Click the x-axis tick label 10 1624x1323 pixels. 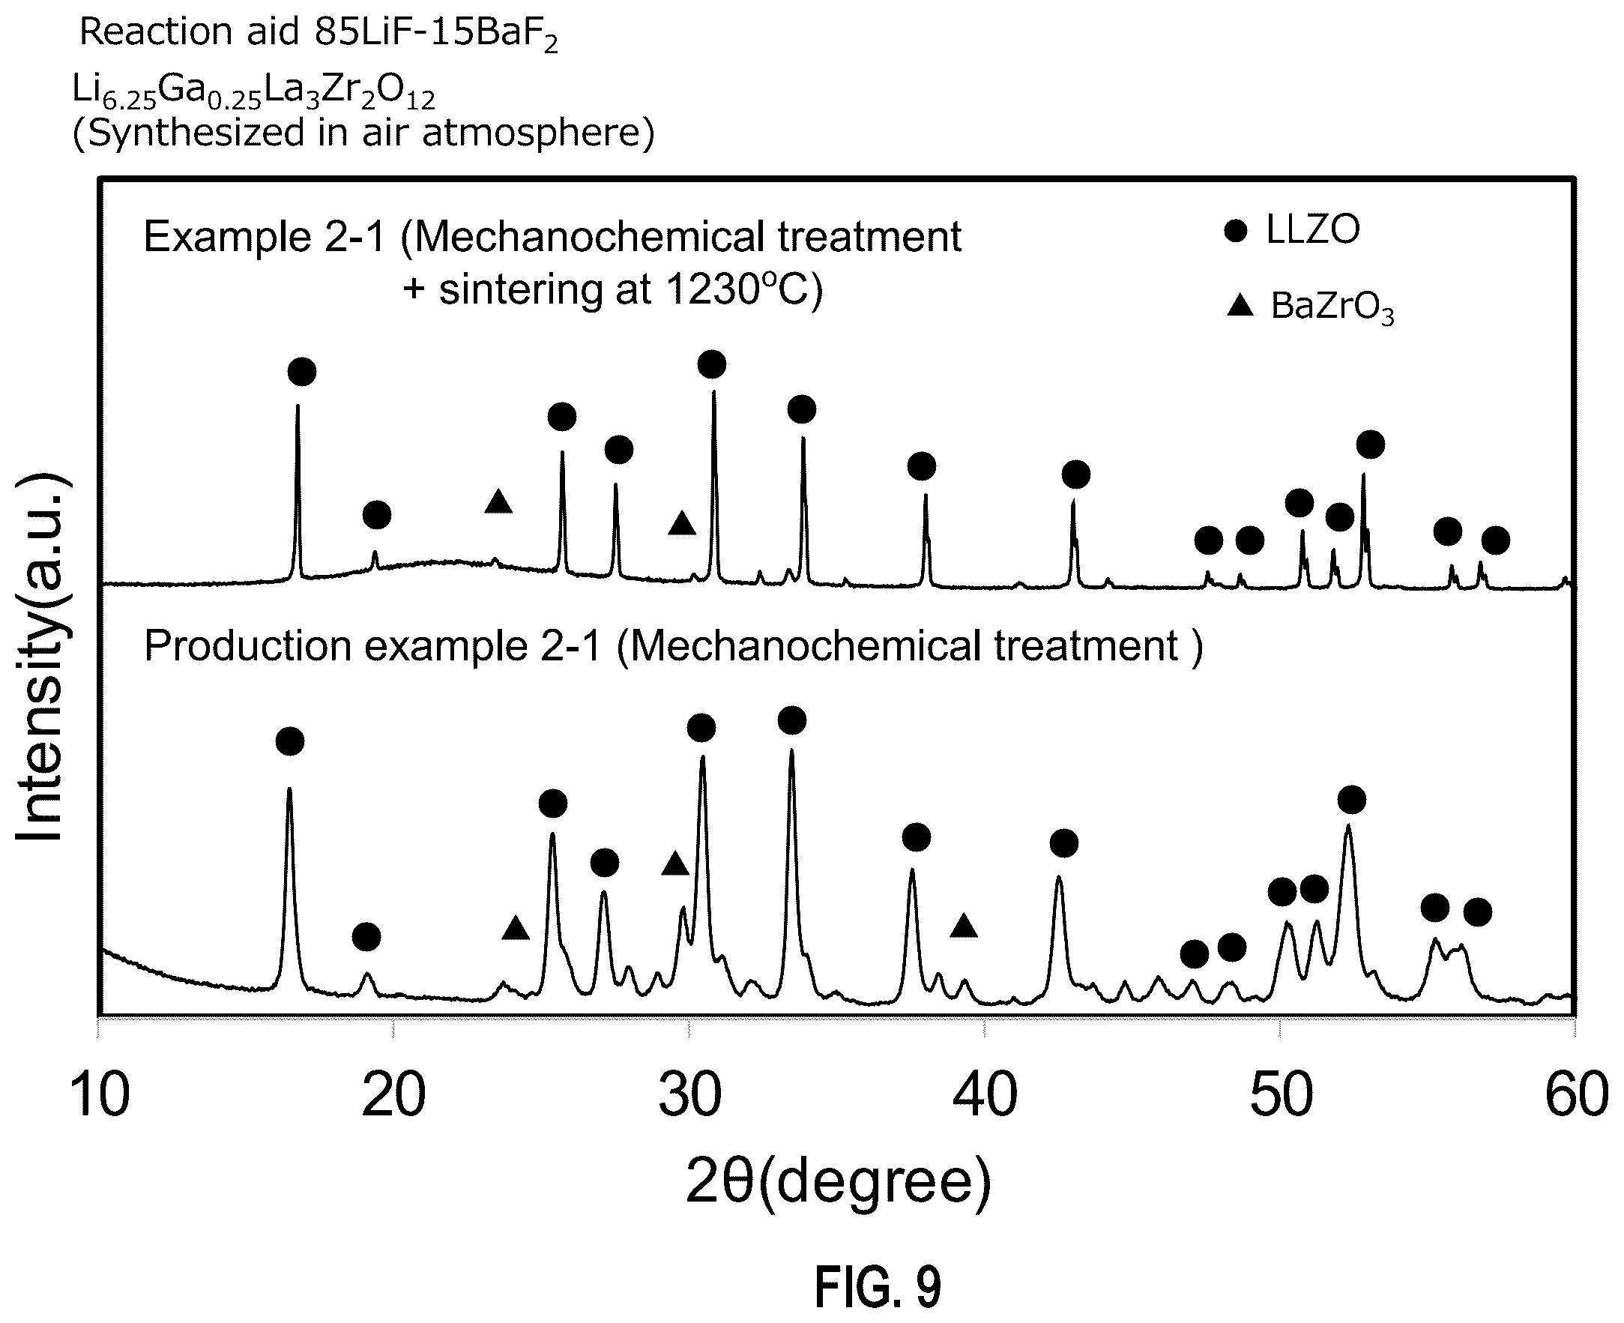coord(100,1095)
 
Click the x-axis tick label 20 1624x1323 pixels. coord(393,1095)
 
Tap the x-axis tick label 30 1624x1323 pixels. coord(690,1095)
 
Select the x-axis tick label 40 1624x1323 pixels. coord(985,1095)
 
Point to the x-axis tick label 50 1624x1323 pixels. coord(1282,1095)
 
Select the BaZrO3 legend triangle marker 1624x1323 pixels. coord(1241,306)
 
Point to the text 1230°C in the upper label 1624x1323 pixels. coord(734,289)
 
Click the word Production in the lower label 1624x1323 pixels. coord(247,646)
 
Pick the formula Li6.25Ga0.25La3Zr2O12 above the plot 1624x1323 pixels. coord(253,92)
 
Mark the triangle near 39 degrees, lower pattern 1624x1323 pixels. coord(964,926)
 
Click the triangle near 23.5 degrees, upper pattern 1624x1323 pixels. coord(498,501)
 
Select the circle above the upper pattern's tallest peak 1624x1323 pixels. coord(712,364)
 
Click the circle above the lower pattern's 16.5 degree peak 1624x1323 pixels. coord(290,741)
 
